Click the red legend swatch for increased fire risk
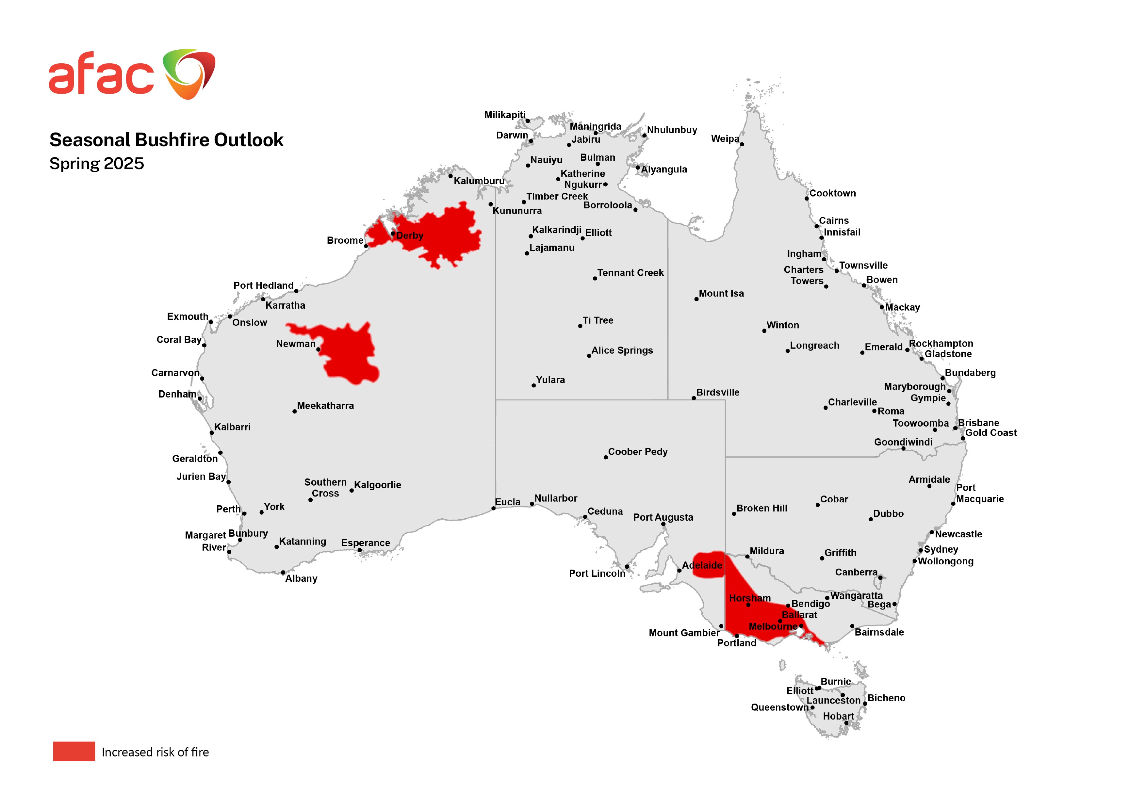pyautogui.click(x=74, y=751)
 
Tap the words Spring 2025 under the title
pyautogui.click(x=96, y=164)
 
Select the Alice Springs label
pyautogui.click(x=622, y=350)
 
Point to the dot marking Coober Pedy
pyautogui.click(x=605, y=457)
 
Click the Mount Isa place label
pyautogui.click(x=721, y=293)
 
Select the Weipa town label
pyautogui.click(x=725, y=139)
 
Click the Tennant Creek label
pyautogui.click(x=630, y=273)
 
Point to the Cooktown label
pyautogui.click(x=832, y=193)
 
